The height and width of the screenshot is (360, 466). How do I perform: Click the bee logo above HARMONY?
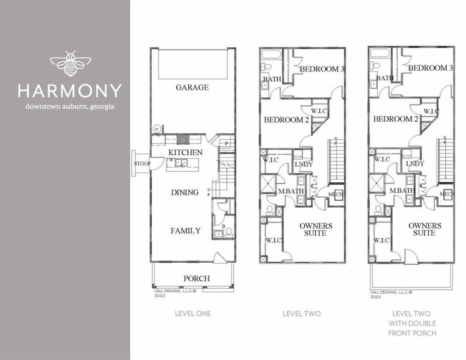pyautogui.click(x=70, y=64)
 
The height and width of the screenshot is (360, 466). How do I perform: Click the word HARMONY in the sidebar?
pyautogui.click(x=70, y=91)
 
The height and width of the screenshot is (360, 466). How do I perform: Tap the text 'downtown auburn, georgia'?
pyautogui.click(x=70, y=107)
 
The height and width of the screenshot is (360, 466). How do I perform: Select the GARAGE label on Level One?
pyautogui.click(x=193, y=88)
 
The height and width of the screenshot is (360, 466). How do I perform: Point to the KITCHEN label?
pyautogui.click(x=185, y=153)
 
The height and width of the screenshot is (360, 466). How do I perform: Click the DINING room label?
pyautogui.click(x=185, y=193)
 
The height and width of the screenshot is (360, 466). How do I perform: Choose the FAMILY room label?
pyautogui.click(x=185, y=230)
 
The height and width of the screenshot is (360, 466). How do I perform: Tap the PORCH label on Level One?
pyautogui.click(x=196, y=278)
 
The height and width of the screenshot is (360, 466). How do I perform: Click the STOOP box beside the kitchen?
pyautogui.click(x=142, y=163)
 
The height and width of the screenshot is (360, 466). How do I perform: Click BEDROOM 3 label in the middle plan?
pyautogui.click(x=321, y=69)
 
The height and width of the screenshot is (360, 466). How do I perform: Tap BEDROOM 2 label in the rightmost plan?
pyautogui.click(x=395, y=119)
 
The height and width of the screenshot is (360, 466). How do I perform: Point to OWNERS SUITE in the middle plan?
pyautogui.click(x=315, y=229)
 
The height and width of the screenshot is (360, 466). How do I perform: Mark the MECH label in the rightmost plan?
pyautogui.click(x=447, y=194)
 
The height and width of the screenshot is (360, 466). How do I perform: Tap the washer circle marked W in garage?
pyautogui.click(x=157, y=128)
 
